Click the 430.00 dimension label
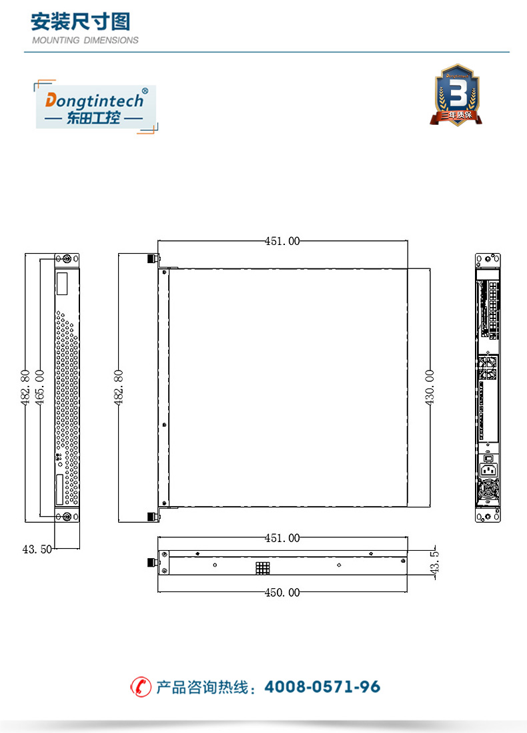430,387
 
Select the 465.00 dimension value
40,387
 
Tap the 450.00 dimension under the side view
282,593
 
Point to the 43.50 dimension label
37,549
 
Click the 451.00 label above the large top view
282,241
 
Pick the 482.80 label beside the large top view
119,387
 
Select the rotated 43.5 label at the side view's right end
434,562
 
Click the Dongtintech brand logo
96,107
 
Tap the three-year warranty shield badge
456,95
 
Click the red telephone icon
141,687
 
